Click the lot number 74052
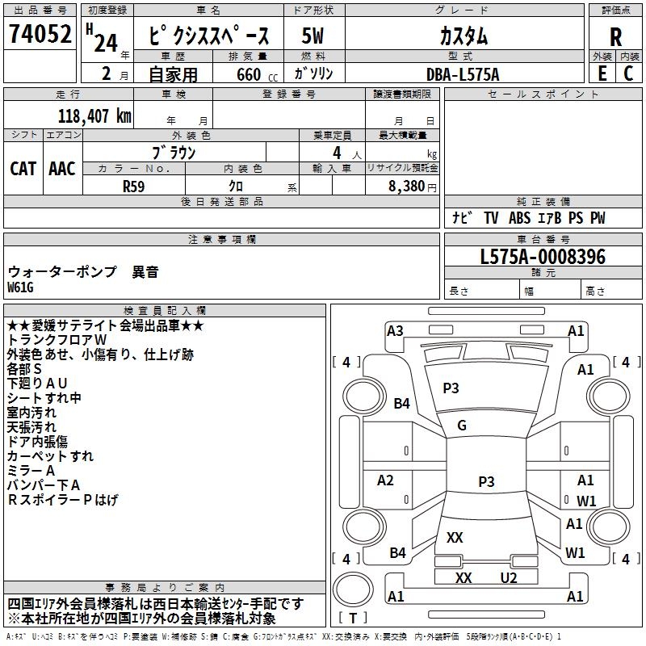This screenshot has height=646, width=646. coord(40,34)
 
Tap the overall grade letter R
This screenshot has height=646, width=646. coord(615,37)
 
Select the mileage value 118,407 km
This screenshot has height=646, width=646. coord(94,116)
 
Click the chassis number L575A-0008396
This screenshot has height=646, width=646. coord(543,257)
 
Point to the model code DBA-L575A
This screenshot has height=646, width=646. coord(463,74)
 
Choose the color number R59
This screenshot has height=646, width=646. coord(133,187)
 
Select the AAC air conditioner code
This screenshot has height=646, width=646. coord(62,169)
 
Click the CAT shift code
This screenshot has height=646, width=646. coord(23,169)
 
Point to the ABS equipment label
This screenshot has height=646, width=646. coord(519,218)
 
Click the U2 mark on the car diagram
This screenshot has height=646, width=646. coord(509,578)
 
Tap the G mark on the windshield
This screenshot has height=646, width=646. coord(462,426)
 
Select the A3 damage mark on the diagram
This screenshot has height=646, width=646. coord(395,331)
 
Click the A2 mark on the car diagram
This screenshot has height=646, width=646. coord(385,480)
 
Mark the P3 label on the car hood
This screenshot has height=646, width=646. coord(451,388)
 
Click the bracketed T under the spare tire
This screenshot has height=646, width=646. coord(353,618)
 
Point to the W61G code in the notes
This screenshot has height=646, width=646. coord(20,287)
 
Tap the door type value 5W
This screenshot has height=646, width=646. coord(313,36)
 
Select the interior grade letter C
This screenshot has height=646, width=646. coord(628,73)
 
